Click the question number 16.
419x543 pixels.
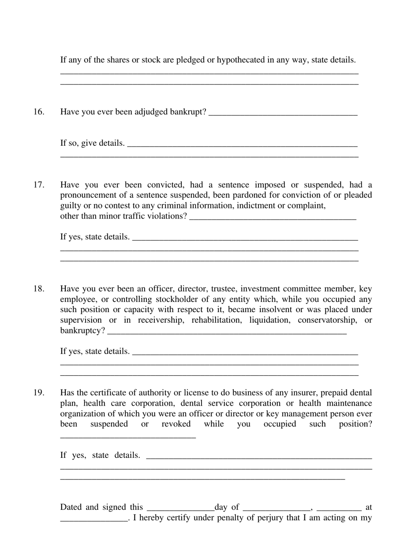pos(39,112)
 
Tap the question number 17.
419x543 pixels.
pos(39,185)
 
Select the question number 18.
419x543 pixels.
pos(39,289)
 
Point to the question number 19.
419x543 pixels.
pos(39,393)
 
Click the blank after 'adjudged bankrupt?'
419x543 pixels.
pos(283,113)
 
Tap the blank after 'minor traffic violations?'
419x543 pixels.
pos(273,218)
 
